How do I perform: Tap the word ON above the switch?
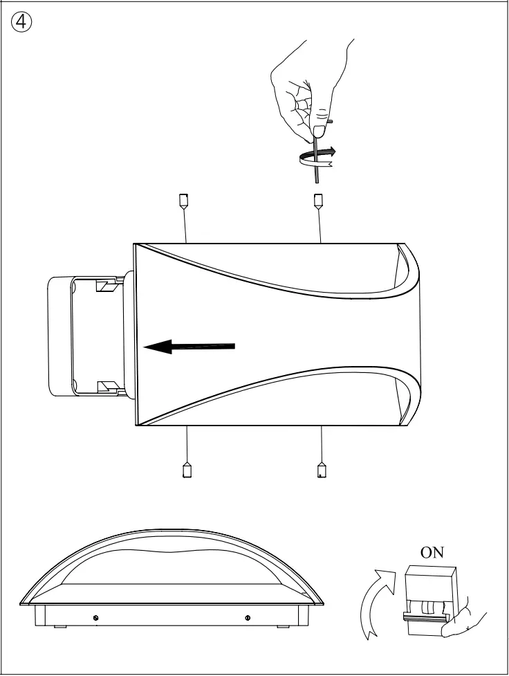point(433,552)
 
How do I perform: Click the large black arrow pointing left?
point(189,347)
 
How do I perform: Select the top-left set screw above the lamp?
point(184,201)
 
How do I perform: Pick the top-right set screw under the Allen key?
point(318,201)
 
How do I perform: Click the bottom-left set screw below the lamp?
point(186,470)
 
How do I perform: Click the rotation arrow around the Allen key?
point(316,156)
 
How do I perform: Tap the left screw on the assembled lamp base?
point(95,617)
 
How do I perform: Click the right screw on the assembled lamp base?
point(248,617)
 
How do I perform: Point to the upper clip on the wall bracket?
point(106,284)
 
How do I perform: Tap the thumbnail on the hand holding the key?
point(320,130)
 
